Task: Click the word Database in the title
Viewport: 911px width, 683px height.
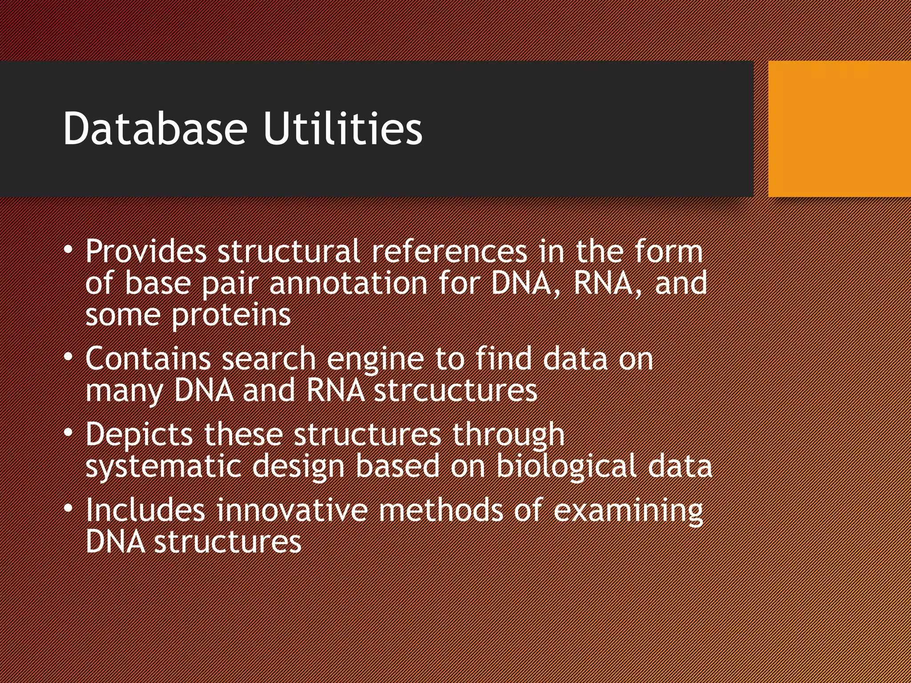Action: pyautogui.click(x=154, y=129)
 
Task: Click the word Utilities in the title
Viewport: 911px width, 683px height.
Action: pyautogui.click(x=343, y=129)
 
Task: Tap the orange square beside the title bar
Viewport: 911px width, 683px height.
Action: pyautogui.click(x=839, y=129)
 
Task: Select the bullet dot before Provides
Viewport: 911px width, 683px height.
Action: pyautogui.click(x=68, y=251)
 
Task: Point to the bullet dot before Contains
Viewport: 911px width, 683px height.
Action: pyautogui.click(x=68, y=358)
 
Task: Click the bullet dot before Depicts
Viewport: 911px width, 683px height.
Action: pyautogui.click(x=68, y=433)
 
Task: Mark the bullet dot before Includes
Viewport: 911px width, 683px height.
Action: pyautogui.click(x=68, y=509)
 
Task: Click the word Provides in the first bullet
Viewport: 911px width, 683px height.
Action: pyautogui.click(x=146, y=252)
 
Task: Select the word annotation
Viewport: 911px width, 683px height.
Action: pyautogui.click(x=348, y=284)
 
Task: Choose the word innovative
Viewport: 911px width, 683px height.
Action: pyautogui.click(x=292, y=510)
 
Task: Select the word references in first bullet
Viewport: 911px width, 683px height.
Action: pyautogui.click(x=449, y=252)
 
